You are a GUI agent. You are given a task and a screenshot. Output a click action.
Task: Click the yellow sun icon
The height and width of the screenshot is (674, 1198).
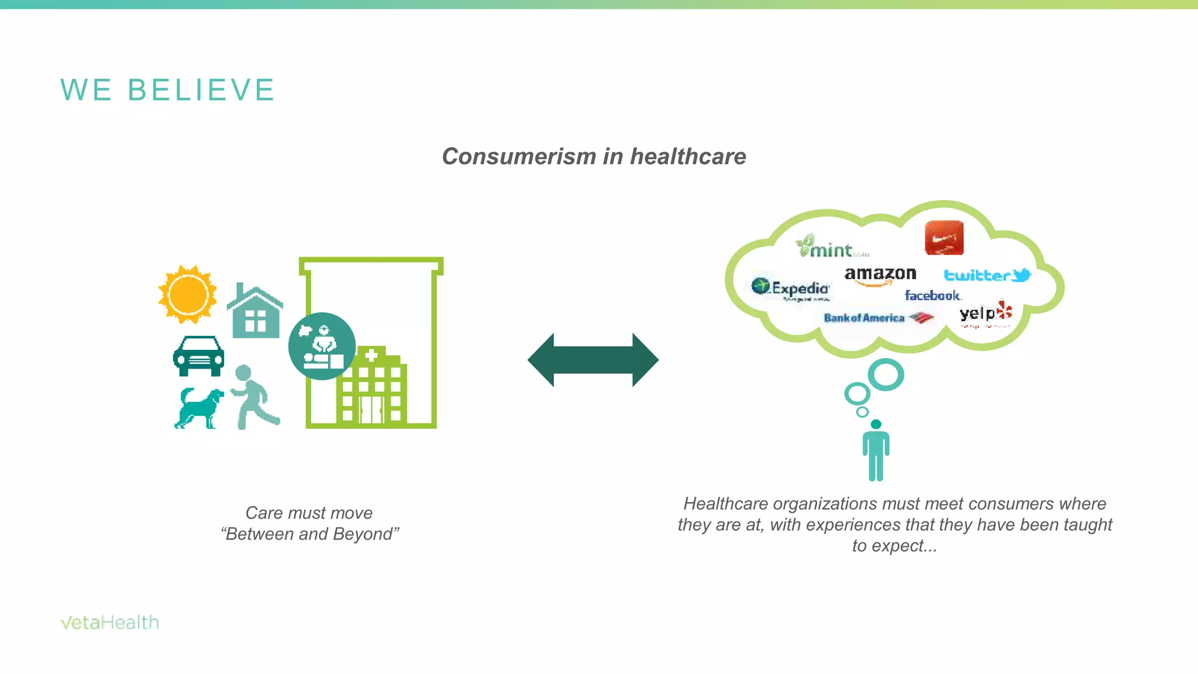pos(188,294)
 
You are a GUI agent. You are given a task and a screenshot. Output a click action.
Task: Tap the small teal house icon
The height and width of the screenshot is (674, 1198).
pos(255,312)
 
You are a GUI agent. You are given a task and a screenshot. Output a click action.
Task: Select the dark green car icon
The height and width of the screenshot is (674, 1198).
pos(198,356)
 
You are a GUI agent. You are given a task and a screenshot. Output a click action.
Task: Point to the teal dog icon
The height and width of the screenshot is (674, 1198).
pos(199,408)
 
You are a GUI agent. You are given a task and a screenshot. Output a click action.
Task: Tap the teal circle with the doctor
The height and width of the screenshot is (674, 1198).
pos(322,346)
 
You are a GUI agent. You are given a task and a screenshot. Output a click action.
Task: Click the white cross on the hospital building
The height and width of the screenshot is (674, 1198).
pos(371,355)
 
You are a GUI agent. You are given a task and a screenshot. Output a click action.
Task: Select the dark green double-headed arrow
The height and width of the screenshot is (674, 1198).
pos(593,360)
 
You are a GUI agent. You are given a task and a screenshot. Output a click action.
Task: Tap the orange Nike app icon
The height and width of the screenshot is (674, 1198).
pos(944,238)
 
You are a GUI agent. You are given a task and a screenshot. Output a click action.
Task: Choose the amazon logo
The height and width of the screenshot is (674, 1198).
pos(880,276)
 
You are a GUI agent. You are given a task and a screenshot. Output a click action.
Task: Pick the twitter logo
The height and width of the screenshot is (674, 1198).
pos(987,275)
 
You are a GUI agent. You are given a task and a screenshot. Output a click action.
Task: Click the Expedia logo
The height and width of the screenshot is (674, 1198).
pos(791,288)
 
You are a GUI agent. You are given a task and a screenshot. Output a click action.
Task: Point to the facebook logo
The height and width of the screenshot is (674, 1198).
pos(932,295)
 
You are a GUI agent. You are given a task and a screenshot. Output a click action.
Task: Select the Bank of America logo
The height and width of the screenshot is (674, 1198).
pos(877,318)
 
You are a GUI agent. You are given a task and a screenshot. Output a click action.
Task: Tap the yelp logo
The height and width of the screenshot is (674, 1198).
pos(986,314)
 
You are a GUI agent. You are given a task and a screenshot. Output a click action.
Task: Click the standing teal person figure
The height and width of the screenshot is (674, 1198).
pos(876,451)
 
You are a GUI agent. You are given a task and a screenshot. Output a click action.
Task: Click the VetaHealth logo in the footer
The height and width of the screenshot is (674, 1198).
pos(109,622)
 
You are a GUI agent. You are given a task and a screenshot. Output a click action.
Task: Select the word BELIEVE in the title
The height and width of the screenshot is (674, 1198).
pos(201,90)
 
